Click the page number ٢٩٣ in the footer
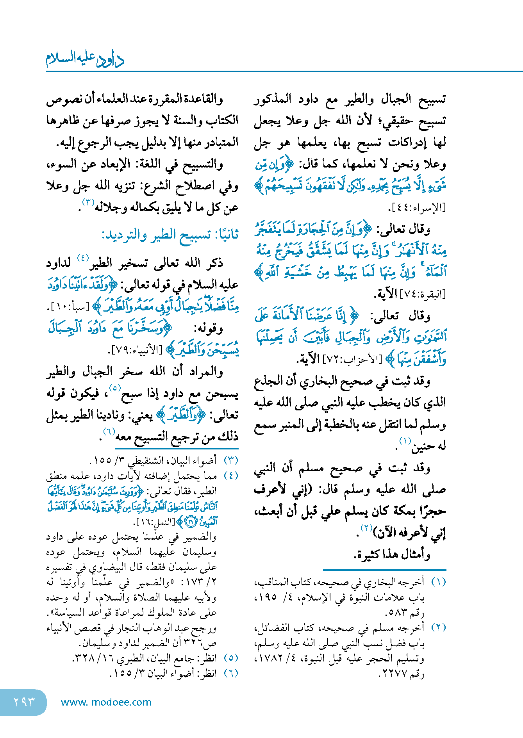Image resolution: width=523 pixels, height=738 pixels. (24, 702)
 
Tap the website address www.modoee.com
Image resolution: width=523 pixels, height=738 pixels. (106, 702)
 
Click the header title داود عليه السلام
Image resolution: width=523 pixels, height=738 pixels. (85, 59)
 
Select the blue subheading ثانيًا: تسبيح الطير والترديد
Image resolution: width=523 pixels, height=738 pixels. (170, 235)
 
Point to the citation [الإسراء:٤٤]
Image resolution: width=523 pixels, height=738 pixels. (417, 207)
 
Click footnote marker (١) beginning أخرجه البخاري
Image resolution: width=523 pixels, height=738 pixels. (438, 582)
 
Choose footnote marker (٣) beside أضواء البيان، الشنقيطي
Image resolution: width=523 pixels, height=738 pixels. (230, 460)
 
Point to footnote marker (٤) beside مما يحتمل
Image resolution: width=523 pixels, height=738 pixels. (230, 476)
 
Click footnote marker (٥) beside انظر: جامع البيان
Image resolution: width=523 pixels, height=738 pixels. (230, 658)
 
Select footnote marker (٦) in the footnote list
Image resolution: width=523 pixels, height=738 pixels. (230, 673)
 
